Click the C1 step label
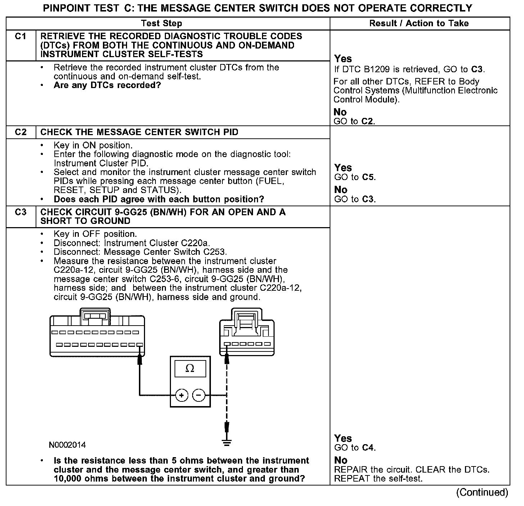click(x=21, y=37)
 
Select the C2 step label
click(x=21, y=132)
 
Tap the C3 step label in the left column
click(x=21, y=212)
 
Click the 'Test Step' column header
click(x=162, y=24)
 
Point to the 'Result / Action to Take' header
click(x=419, y=24)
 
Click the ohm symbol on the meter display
click(x=190, y=369)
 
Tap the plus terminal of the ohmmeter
click(x=182, y=396)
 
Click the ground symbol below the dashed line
click(x=227, y=442)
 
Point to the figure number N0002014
click(x=67, y=445)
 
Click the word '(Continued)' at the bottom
click(x=482, y=492)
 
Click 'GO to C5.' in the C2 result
click(x=355, y=178)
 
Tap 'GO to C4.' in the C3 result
click(x=355, y=448)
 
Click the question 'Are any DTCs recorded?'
click(x=107, y=86)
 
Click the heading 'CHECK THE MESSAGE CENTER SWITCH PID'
click(x=139, y=132)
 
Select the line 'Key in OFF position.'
click(x=95, y=234)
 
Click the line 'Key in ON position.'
click(x=93, y=146)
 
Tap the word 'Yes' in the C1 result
click(x=343, y=59)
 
